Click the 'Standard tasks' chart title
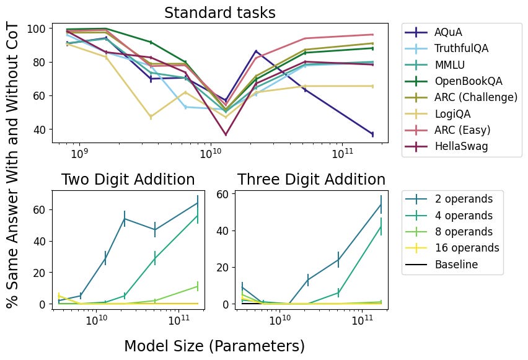tap(219, 13)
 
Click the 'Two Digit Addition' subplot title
tap(128, 180)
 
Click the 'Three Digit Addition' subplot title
tap(311, 180)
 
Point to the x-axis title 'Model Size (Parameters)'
tap(214, 346)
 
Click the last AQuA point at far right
tap(372, 134)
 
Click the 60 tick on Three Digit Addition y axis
tap(222, 194)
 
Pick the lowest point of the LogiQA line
tap(151, 116)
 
